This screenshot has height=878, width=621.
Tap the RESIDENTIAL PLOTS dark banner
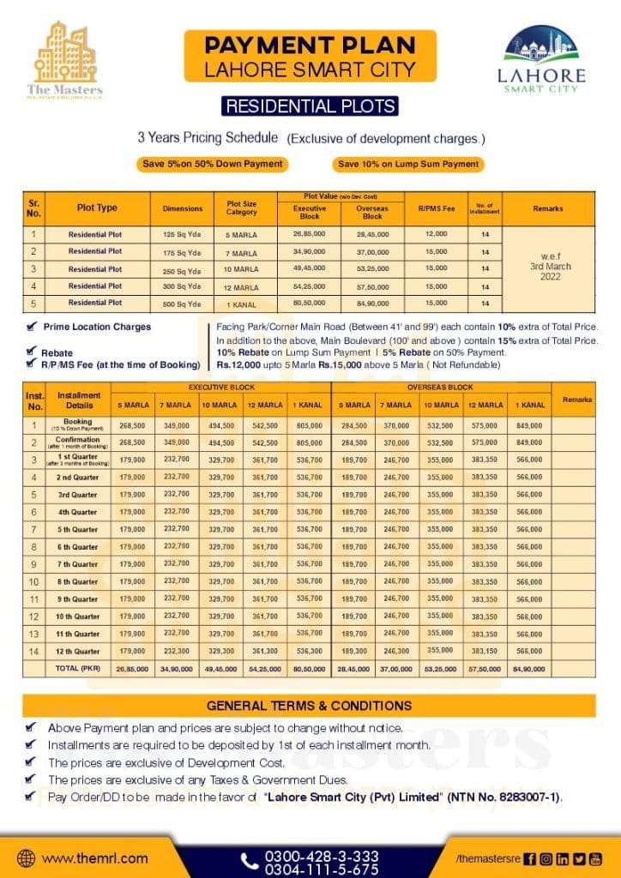click(310, 106)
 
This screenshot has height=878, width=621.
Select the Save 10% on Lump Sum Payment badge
click(408, 164)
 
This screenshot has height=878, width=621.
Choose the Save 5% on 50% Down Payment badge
click(211, 164)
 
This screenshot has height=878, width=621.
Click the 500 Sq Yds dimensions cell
click(182, 303)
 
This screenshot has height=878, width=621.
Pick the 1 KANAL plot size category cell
click(242, 304)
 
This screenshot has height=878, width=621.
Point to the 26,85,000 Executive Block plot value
click(310, 233)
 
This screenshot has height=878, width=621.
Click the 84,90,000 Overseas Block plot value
click(372, 303)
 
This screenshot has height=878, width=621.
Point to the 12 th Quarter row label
click(79, 651)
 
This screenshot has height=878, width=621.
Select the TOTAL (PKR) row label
click(79, 668)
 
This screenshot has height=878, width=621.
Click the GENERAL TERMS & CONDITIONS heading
click(310, 706)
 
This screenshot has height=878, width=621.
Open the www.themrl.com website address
click(94, 857)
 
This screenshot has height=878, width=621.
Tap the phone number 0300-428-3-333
click(322, 856)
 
